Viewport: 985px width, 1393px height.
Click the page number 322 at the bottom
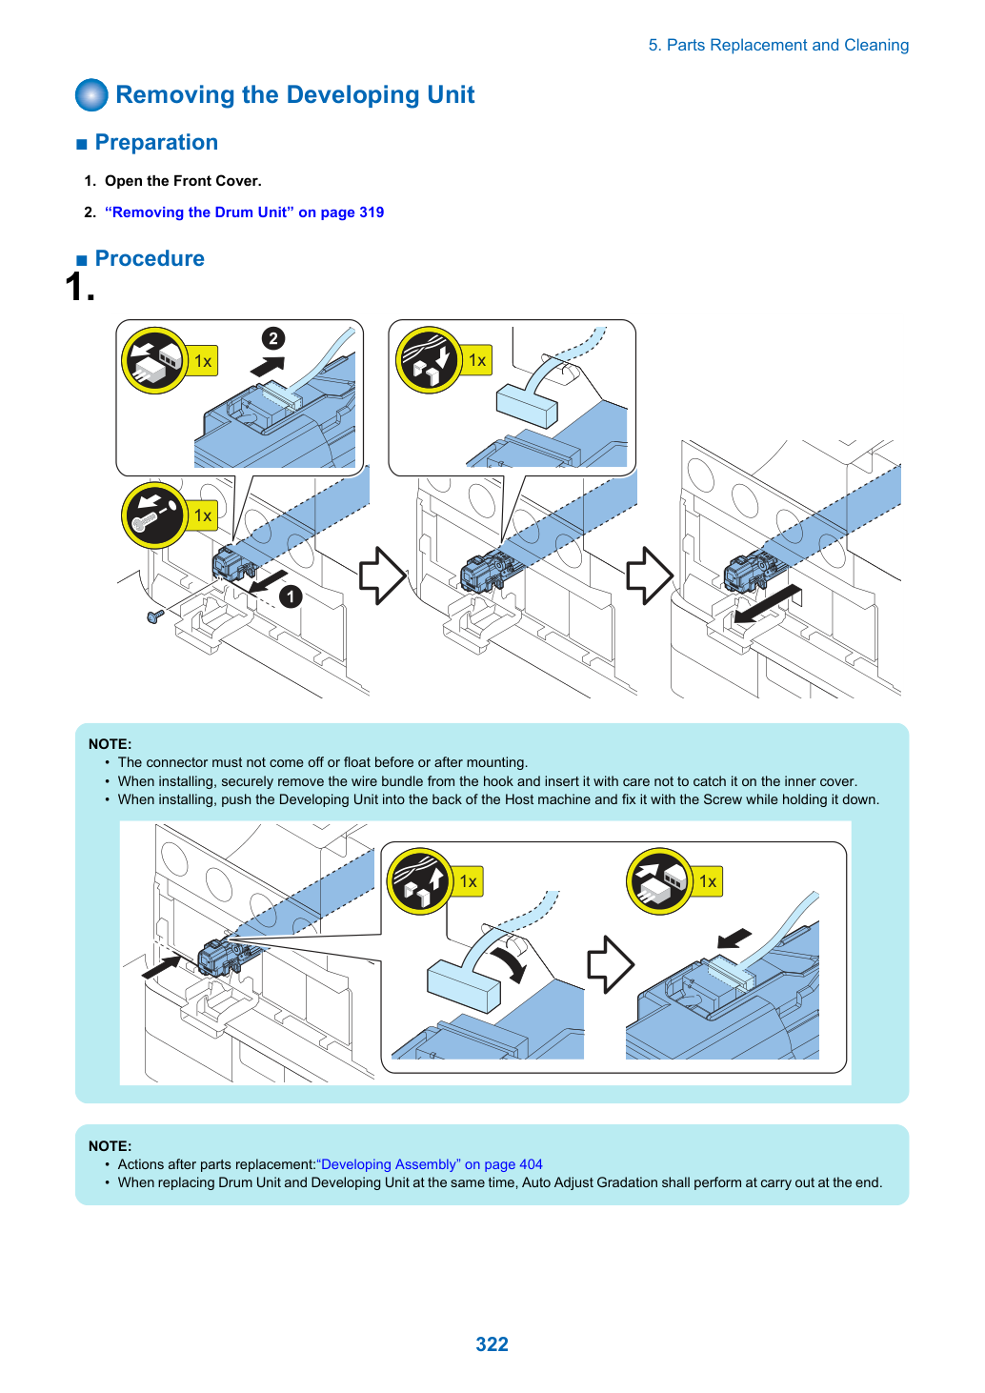click(492, 1343)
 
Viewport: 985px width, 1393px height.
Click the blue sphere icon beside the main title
click(91, 94)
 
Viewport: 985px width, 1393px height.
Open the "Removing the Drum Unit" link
click(245, 212)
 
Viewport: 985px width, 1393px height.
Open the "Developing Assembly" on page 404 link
click(429, 1163)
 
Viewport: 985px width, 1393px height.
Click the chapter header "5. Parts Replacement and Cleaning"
click(778, 45)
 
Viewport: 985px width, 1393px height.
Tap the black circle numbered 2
click(273, 338)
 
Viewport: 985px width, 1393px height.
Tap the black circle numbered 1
click(291, 596)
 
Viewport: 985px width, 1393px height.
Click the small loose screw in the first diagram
click(155, 616)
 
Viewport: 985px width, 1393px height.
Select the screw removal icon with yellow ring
click(154, 515)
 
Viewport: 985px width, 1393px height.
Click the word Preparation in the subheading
click(156, 142)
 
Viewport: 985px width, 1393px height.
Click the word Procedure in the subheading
click(150, 258)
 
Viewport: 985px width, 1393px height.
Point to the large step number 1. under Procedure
click(80, 287)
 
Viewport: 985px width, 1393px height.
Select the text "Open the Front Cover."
click(183, 181)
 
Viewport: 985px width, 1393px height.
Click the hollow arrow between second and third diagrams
click(650, 575)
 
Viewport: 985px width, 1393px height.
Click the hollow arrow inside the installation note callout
click(611, 964)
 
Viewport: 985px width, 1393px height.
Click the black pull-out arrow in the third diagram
click(767, 602)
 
